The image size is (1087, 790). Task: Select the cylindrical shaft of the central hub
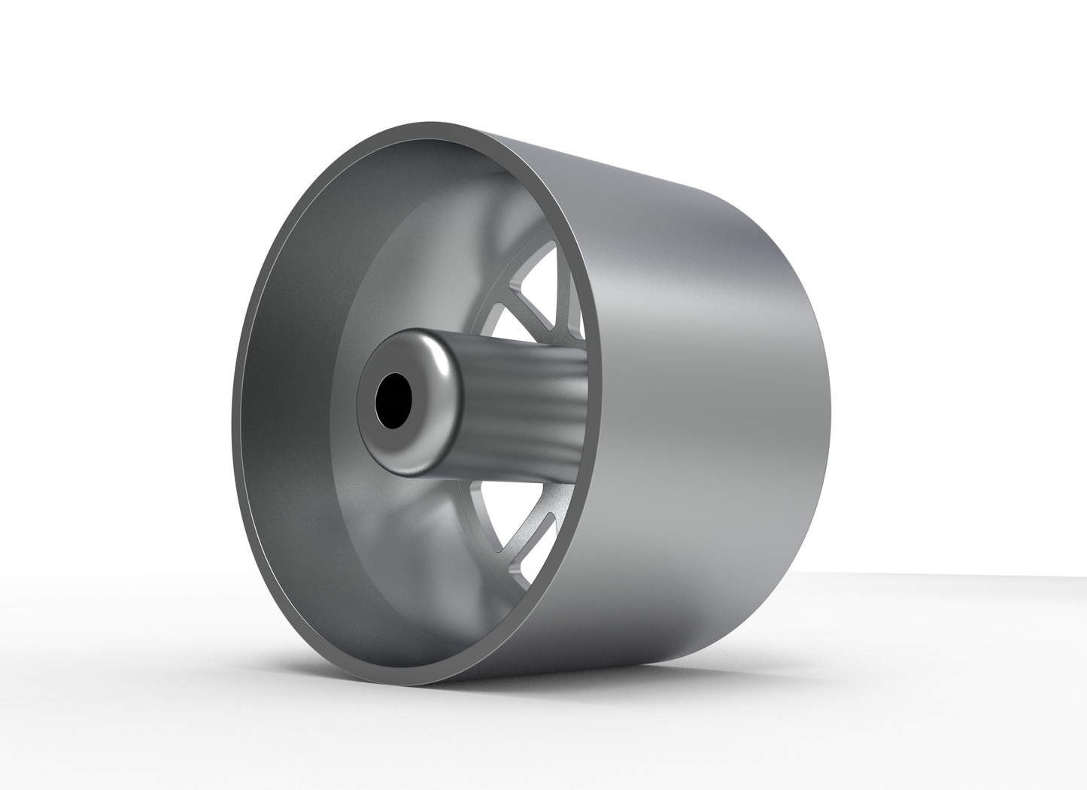pyautogui.click(x=527, y=410)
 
